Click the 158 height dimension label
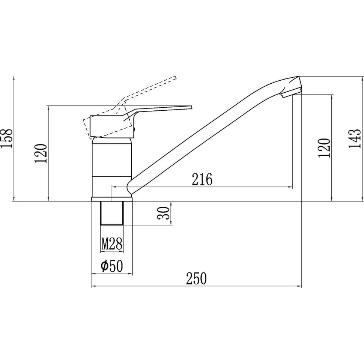point(6,138)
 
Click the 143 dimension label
point(354,138)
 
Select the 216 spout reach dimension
point(202,179)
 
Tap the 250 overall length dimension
point(196,278)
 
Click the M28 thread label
point(112,244)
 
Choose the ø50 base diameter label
point(112,266)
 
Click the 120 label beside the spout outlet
point(324,148)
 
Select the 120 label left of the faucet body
point(41,153)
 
